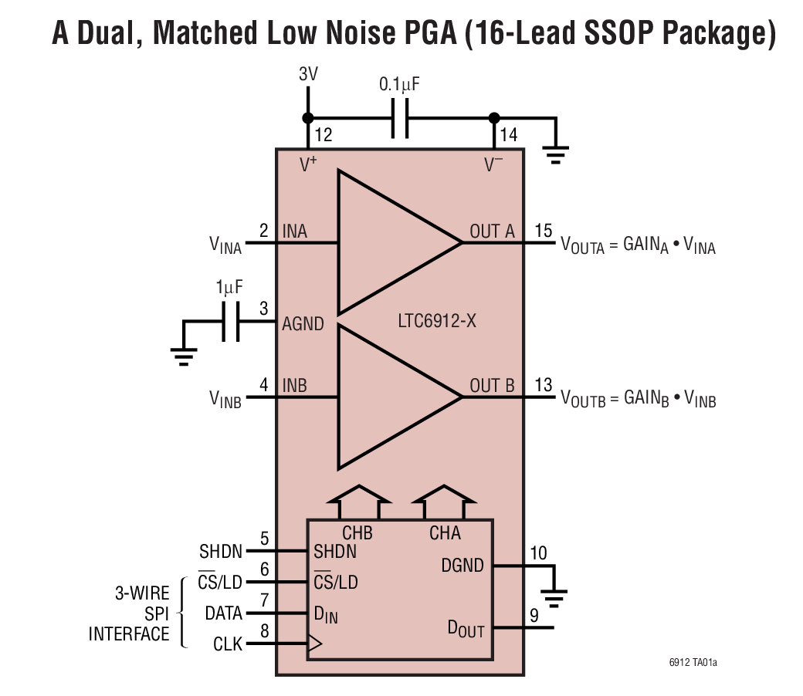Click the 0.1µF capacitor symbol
tap(400, 118)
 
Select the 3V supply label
tap(308, 75)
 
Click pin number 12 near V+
tap(323, 136)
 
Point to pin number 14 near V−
tap(508, 136)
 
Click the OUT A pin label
tap(492, 231)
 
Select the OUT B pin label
tap(492, 385)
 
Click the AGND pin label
tap(303, 324)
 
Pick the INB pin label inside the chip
tap(295, 385)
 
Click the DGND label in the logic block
tap(462, 566)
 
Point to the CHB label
tap(357, 533)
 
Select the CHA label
tap(445, 533)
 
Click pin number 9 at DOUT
tap(534, 616)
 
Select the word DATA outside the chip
tap(224, 613)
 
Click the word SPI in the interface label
tap(154, 613)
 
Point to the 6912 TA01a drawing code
tap(698, 662)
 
